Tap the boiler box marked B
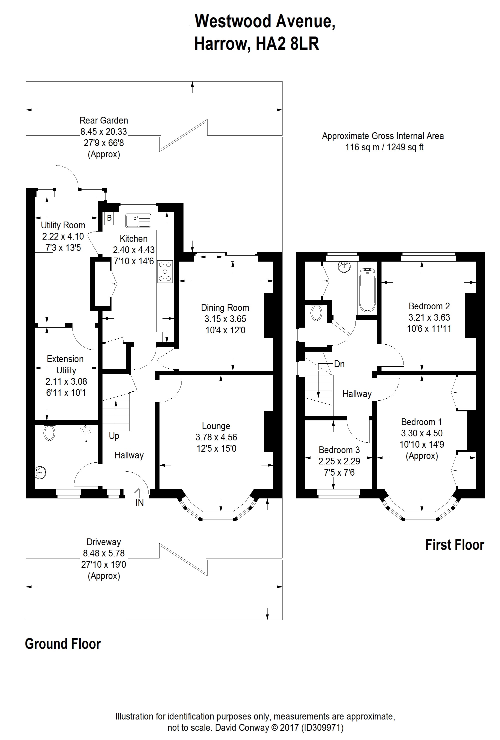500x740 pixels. [x=109, y=218]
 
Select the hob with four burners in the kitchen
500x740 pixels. [x=165, y=272]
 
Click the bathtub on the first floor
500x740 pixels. [x=367, y=290]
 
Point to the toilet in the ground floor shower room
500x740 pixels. [x=49, y=433]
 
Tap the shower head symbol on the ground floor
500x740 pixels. [x=85, y=430]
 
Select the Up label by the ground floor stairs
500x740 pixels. [x=114, y=436]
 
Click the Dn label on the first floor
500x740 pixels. [x=339, y=364]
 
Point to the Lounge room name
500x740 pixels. [x=216, y=426]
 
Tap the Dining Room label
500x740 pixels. [x=225, y=308]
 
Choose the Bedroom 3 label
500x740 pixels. [x=339, y=450]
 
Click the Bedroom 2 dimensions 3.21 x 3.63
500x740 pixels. [x=429, y=317]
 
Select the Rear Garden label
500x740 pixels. [x=104, y=120]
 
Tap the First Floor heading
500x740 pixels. [x=454, y=545]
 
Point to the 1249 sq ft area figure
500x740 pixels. [x=405, y=147]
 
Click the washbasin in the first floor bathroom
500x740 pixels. [x=344, y=267]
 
